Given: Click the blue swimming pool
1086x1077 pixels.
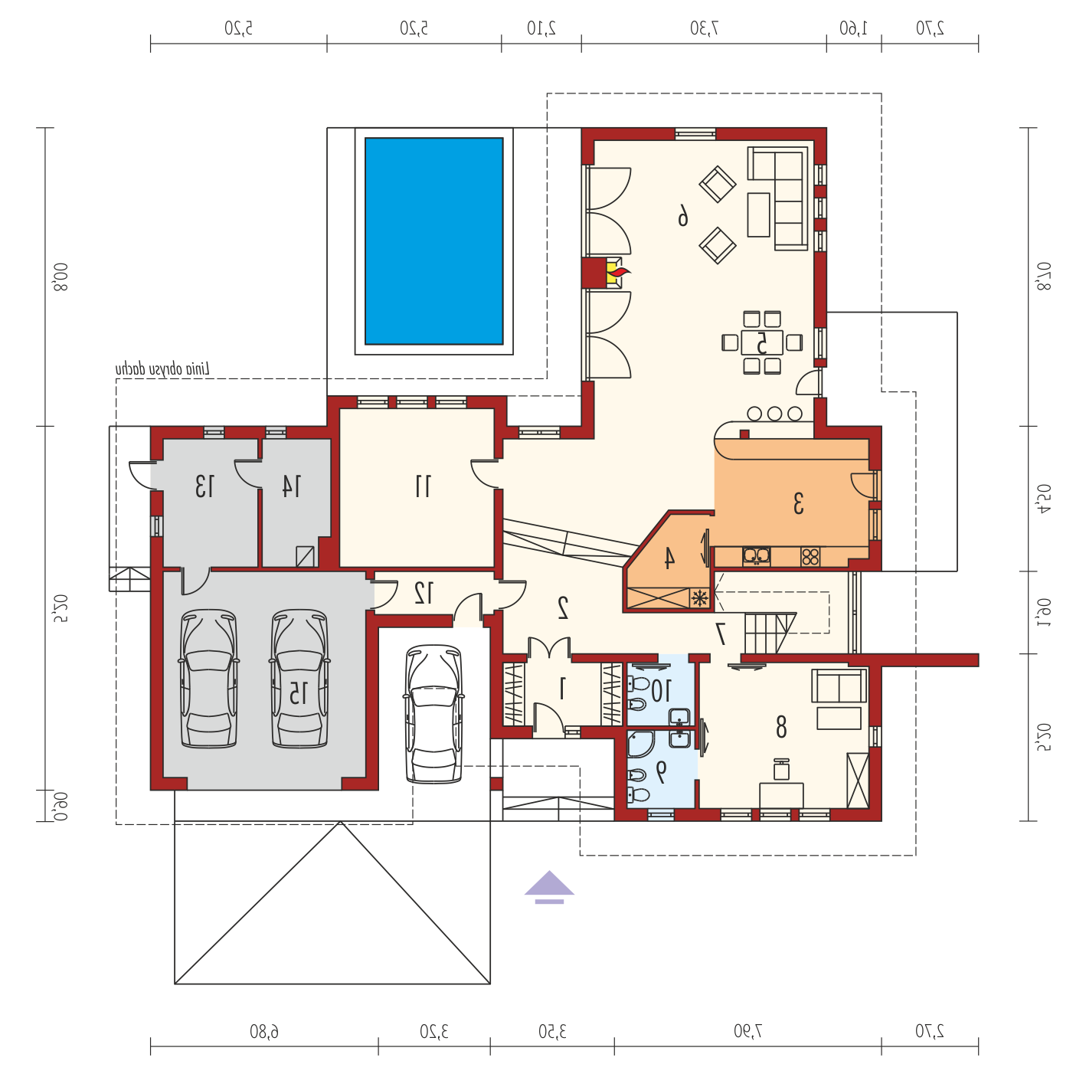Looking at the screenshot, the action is (x=433, y=241).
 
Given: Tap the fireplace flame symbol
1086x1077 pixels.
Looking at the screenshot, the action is (x=616, y=274).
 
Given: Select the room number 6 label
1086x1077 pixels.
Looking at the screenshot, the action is (x=682, y=215).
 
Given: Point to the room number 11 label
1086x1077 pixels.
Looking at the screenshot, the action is (x=423, y=486).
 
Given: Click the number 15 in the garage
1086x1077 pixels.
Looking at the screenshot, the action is (x=298, y=692).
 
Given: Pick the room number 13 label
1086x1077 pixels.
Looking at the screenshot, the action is (x=204, y=486).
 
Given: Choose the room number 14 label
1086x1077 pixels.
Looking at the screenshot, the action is (x=291, y=486).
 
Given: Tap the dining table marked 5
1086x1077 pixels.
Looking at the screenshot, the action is (x=762, y=342).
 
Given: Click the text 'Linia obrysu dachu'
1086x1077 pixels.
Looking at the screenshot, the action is (x=162, y=370).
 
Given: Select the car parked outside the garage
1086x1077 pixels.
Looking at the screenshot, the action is (x=433, y=714).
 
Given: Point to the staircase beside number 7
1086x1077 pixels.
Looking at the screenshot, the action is (x=770, y=633).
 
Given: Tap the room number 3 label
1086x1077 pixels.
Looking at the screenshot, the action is (x=798, y=503).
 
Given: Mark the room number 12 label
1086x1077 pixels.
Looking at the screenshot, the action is (x=424, y=592).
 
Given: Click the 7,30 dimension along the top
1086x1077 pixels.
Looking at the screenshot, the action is (x=705, y=28).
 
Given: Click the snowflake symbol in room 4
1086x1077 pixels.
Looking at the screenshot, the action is (x=699, y=597).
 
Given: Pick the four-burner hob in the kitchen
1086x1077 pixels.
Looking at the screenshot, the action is (x=810, y=557).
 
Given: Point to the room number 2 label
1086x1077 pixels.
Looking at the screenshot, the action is (x=562, y=608).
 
